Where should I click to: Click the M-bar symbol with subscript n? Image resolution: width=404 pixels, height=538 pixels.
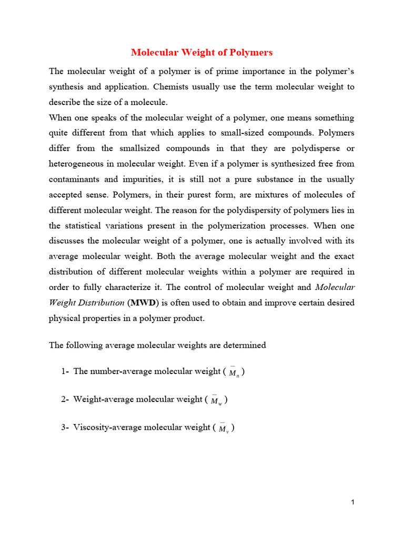pos(234,373)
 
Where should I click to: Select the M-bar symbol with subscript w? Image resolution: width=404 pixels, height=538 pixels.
pos(216,400)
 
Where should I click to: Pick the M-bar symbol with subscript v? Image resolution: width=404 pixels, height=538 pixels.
pos(224,429)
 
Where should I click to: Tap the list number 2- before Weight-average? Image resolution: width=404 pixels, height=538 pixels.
pos(65,399)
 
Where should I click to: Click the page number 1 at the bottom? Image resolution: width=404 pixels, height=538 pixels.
pos(353,503)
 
